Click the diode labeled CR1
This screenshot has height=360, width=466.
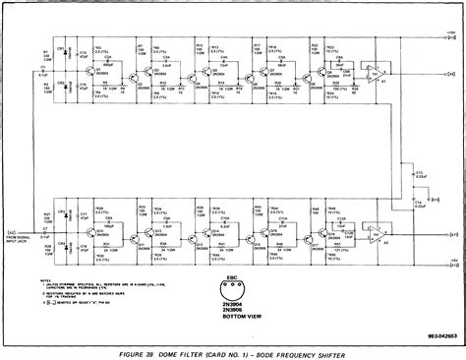coord(67,51)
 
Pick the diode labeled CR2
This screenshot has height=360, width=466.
coord(67,89)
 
